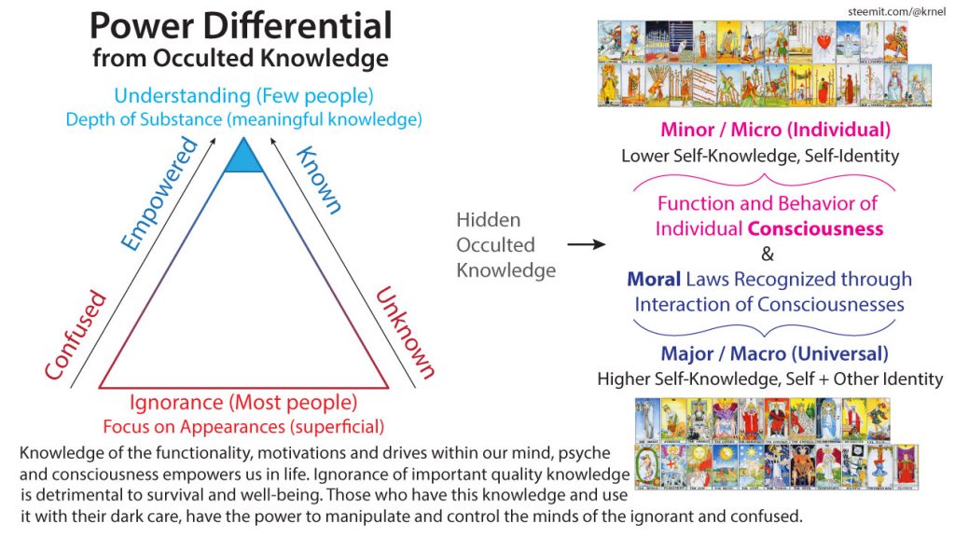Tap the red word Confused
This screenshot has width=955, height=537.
pyautogui.click(x=76, y=337)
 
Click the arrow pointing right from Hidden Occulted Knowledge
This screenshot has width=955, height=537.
pyautogui.click(x=586, y=246)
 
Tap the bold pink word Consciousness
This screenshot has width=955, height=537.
pyautogui.click(x=824, y=227)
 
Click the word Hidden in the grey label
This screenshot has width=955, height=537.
pyautogui.click(x=487, y=220)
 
